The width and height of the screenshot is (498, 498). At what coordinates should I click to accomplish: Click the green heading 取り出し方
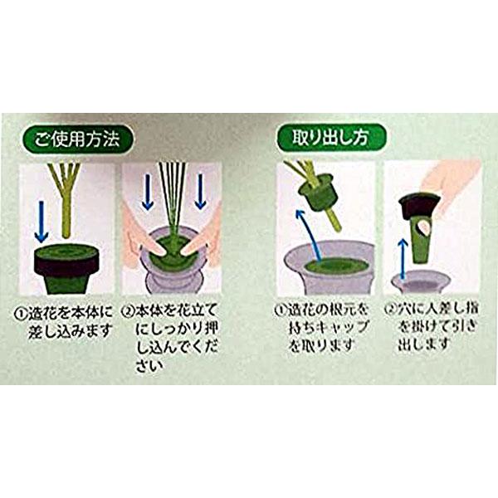(x=328, y=137)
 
